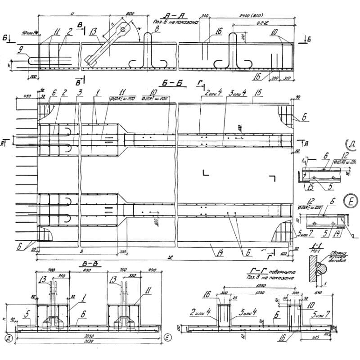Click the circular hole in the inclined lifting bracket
click(x=122, y=30)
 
